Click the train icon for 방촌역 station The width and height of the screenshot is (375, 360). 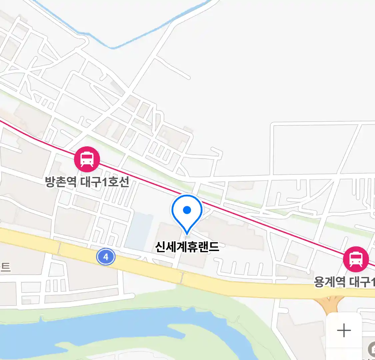(x=87, y=159)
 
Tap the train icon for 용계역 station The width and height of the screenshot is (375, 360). (x=356, y=259)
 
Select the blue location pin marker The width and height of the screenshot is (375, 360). (x=187, y=214)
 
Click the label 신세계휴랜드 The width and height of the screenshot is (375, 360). (x=187, y=247)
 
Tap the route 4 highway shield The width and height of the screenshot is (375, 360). (x=106, y=257)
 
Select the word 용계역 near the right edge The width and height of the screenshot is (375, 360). (x=330, y=282)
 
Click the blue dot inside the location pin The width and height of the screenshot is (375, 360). (x=187, y=210)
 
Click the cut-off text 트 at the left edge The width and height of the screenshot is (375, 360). (x=5, y=267)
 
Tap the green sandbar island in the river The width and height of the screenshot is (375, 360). (x=187, y=333)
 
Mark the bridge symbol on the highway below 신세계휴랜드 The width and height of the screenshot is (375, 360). (x=182, y=278)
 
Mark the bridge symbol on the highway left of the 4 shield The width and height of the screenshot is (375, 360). (x=59, y=248)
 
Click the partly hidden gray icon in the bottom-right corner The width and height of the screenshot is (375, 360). (x=371, y=350)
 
